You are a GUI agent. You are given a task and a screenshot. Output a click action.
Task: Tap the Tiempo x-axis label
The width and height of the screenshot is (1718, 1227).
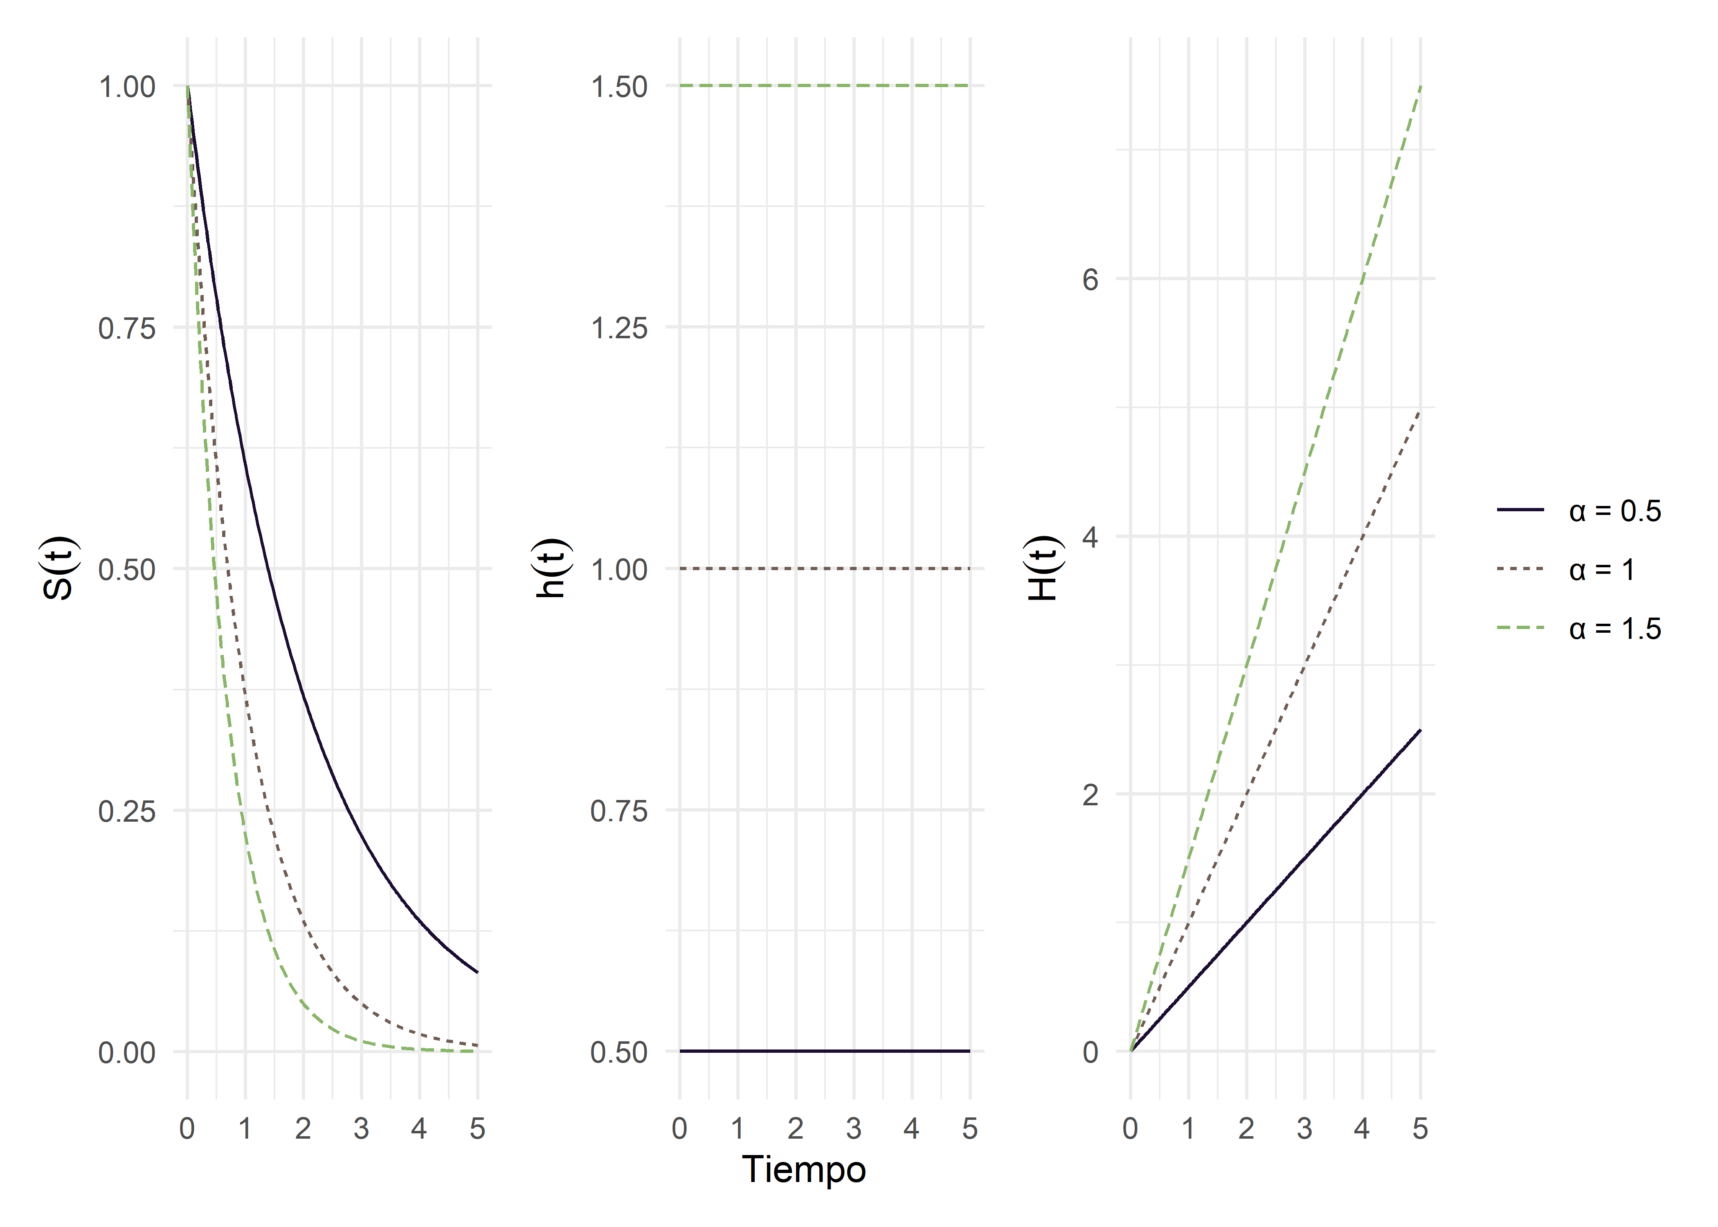click(804, 1170)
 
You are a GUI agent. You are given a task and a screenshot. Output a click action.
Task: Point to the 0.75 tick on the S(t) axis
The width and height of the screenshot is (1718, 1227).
click(127, 328)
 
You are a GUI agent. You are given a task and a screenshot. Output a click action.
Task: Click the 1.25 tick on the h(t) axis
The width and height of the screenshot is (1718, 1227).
click(619, 328)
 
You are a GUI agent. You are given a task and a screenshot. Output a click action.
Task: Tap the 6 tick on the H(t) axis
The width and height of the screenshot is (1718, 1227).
click(1090, 279)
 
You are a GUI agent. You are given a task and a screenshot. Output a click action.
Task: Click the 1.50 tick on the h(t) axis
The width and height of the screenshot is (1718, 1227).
click(619, 87)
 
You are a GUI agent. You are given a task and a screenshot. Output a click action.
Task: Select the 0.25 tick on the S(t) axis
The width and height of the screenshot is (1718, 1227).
click(127, 811)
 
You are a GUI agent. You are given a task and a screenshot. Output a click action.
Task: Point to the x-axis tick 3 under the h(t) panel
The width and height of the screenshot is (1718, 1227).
click(854, 1129)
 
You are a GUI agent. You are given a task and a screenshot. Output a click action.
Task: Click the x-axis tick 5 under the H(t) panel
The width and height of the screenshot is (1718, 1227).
click(1420, 1129)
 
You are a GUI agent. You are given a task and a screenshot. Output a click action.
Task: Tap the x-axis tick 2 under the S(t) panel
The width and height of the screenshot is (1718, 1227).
click(303, 1129)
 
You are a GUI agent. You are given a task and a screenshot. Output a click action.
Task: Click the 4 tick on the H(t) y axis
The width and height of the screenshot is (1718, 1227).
click(1090, 537)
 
